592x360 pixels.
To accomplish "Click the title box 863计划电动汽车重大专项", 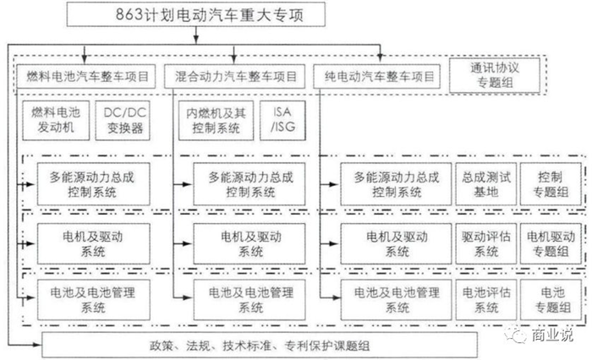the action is (x=196, y=14).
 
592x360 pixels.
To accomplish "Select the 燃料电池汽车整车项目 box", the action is (x=85, y=77).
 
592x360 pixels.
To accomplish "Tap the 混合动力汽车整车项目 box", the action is (x=234, y=77).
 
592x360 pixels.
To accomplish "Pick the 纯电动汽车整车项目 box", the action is (x=377, y=77).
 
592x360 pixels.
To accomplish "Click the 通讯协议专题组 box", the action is (x=495, y=75).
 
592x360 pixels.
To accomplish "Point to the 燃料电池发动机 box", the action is (x=56, y=120).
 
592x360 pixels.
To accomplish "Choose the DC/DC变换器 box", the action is (x=123, y=120).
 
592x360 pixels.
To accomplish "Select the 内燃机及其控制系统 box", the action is (x=216, y=120).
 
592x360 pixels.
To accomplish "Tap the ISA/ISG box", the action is (x=282, y=120).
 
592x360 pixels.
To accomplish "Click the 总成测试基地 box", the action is (x=486, y=184).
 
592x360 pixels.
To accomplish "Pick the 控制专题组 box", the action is (x=551, y=184).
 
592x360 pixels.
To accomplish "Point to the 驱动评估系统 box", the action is (x=486, y=243).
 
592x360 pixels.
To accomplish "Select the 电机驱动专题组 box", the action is (x=551, y=243).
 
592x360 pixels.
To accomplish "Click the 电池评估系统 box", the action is (x=486, y=300).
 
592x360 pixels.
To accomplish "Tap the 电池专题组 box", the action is (x=551, y=300).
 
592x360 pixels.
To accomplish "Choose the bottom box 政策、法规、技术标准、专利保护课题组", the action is (x=260, y=345).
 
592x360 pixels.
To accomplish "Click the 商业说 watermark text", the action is (x=552, y=335).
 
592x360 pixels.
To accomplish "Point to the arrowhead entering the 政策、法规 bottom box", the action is (x=37, y=345).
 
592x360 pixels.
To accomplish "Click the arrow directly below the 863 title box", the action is (x=196, y=35).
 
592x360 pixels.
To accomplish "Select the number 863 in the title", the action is (x=129, y=14).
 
